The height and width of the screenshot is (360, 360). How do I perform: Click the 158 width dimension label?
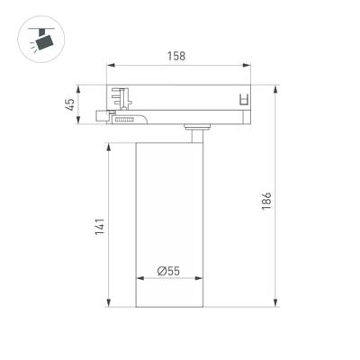coord(176,56)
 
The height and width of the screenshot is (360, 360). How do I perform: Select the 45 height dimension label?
coord(69,105)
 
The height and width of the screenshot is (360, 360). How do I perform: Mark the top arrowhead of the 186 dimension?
coord(276,89)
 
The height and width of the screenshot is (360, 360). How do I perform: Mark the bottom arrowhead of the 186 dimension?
coord(276,303)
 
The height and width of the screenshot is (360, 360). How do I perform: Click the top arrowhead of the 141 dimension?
coord(111,144)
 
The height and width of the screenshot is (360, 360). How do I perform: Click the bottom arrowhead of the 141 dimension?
coord(111,303)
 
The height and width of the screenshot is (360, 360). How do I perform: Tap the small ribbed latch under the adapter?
coord(125,117)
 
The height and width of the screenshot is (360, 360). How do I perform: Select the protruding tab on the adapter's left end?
coord(102,116)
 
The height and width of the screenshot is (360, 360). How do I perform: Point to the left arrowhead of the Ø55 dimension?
coord(139,279)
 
